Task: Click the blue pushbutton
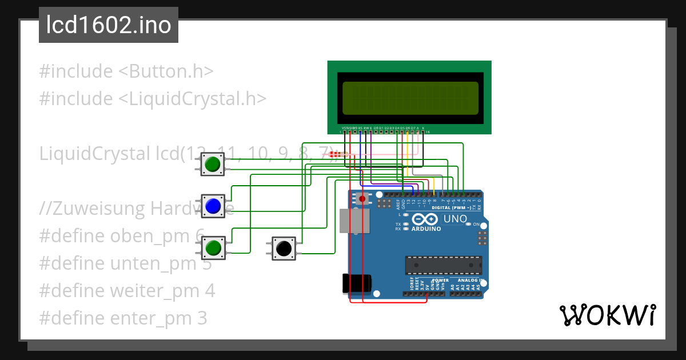click(x=213, y=206)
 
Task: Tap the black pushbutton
click(x=283, y=249)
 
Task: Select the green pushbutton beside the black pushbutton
click(x=213, y=248)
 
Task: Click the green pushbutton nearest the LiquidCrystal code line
click(x=213, y=164)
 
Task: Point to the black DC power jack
click(x=356, y=283)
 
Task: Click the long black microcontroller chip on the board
click(x=444, y=265)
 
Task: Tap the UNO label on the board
click(x=456, y=219)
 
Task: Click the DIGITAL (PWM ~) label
click(x=452, y=207)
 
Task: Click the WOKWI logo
click(x=607, y=315)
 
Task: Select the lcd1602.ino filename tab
click(x=109, y=26)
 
